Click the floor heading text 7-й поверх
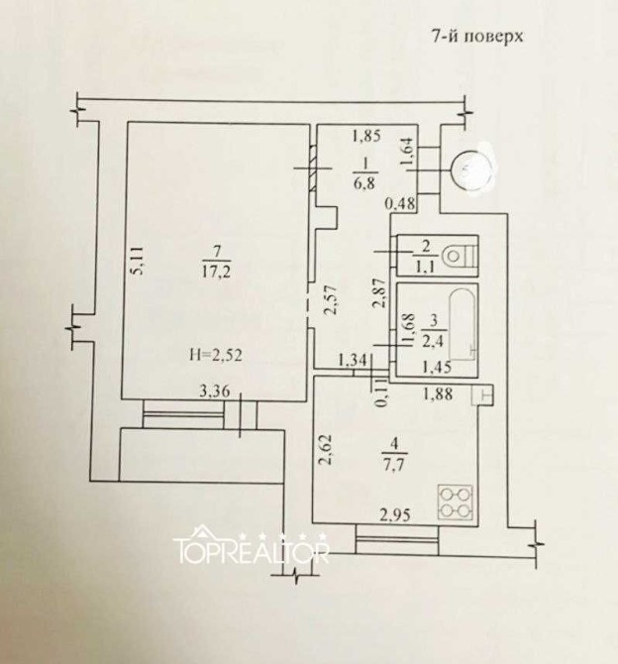point(477,36)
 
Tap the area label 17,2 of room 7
point(216,271)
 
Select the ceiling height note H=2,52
point(216,355)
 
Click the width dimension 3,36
point(215,390)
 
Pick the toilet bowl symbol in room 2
point(459,256)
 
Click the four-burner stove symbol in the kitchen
point(456,502)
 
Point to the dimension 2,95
point(395,515)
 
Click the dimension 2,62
point(328,450)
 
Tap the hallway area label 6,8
point(363,183)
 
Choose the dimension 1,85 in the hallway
point(366,136)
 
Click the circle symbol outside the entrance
point(472,171)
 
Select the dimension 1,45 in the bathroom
point(437,367)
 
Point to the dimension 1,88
point(438,393)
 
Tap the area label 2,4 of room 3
point(432,341)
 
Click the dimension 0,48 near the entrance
point(399,204)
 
